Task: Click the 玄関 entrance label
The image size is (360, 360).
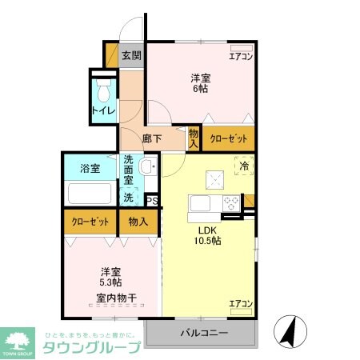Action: click(x=131, y=56)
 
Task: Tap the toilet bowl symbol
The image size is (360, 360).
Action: click(x=102, y=86)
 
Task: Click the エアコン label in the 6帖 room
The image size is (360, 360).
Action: click(x=241, y=56)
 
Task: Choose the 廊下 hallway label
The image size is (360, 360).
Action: click(x=151, y=138)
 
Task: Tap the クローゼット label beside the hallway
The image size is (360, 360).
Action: click(x=227, y=138)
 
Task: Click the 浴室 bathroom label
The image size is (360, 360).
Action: click(x=90, y=169)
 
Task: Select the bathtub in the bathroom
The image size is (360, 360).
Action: click(x=89, y=194)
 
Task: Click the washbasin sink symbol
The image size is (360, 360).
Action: click(x=146, y=168)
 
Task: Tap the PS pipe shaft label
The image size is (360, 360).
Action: click(x=151, y=201)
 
